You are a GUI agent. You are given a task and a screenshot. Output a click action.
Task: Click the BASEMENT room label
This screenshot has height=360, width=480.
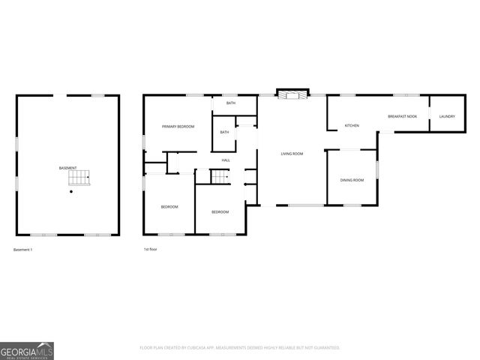(x=67, y=167)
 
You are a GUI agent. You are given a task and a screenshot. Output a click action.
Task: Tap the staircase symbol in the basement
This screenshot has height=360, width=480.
(x=79, y=178)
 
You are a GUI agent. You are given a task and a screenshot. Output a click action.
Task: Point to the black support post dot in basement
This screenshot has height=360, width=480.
(x=71, y=192)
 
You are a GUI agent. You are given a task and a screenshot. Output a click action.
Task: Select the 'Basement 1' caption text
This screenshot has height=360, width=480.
(x=23, y=249)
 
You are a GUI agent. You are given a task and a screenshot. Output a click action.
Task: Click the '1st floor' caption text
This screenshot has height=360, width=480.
(x=151, y=249)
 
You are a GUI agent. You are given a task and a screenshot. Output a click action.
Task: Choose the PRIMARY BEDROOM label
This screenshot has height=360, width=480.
(x=178, y=127)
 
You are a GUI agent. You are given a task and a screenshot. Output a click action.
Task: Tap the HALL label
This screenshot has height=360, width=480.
(x=225, y=160)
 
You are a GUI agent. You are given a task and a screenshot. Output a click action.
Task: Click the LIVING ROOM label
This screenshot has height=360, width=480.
(x=292, y=154)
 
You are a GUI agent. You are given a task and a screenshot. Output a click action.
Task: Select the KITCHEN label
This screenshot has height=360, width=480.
(x=352, y=125)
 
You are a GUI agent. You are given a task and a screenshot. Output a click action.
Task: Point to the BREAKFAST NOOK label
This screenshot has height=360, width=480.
(x=402, y=116)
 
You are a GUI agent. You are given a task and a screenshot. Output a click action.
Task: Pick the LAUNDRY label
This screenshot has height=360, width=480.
(x=447, y=116)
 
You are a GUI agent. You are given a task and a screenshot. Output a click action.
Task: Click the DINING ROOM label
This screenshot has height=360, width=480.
(x=352, y=180)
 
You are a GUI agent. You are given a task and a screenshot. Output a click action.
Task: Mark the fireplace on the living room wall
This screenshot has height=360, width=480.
(x=292, y=94)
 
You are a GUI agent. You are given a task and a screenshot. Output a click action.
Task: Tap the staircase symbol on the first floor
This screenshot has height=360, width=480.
(x=218, y=178)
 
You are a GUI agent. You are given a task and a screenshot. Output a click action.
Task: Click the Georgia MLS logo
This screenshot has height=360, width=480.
(x=27, y=351)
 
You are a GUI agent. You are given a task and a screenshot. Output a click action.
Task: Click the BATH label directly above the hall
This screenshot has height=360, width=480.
(x=224, y=132)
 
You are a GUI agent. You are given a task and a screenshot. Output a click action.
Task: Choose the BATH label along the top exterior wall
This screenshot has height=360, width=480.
(x=231, y=103)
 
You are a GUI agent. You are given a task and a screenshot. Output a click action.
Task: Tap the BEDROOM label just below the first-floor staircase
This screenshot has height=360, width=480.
(x=220, y=211)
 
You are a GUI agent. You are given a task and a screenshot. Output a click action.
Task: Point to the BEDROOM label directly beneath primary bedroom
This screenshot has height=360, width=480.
(x=169, y=206)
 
